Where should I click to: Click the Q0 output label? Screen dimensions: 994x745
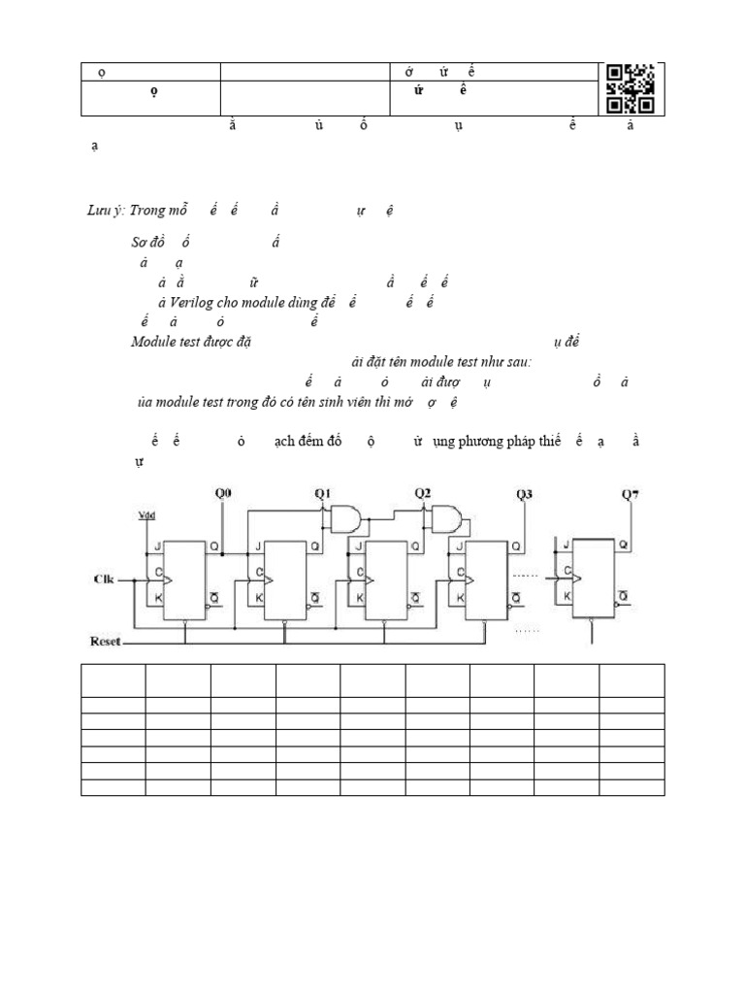[223, 494]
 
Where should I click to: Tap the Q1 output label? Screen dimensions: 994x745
[324, 494]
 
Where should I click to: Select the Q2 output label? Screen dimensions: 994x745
[423, 494]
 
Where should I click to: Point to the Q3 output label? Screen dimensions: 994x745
[524, 494]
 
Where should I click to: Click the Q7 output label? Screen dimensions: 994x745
[630, 494]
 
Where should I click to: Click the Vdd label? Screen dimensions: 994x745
[146, 514]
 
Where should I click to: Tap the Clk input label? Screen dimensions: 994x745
[104, 580]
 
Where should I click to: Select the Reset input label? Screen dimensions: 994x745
[107, 642]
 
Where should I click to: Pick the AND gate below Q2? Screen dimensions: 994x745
[445, 519]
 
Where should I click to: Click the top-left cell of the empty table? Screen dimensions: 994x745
[113, 679]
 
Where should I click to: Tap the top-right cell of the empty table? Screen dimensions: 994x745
[632, 679]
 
